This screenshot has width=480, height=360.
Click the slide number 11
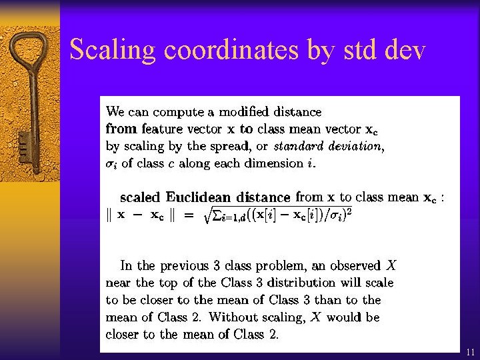(471, 351)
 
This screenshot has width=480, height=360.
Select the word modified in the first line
(227, 112)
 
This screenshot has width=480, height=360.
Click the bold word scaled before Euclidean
(140, 197)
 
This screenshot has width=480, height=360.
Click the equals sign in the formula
(189, 216)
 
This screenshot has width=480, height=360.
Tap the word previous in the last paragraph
(179, 265)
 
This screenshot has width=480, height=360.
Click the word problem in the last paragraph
(275, 265)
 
